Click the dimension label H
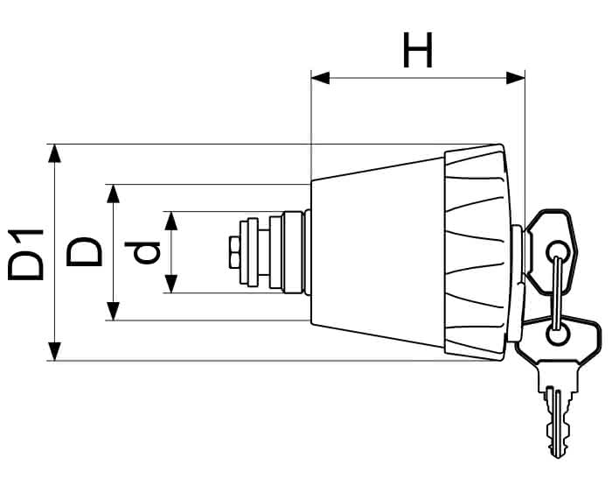tap(418, 50)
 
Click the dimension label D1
tap(25, 255)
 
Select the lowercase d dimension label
tap(142, 252)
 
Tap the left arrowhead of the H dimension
tap(320, 78)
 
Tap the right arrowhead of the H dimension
tap(516, 78)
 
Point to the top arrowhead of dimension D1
tap(54, 153)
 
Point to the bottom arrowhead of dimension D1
tap(54, 351)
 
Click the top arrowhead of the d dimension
tap(171, 221)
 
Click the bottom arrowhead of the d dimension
tap(171, 284)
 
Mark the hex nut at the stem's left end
tap(234, 252)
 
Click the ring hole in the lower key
tap(558, 335)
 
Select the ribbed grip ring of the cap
tap(477, 252)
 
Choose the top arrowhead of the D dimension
tap(113, 194)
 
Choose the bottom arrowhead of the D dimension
tap(113, 311)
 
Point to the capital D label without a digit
tap(84, 252)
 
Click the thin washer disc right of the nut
tap(244, 252)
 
